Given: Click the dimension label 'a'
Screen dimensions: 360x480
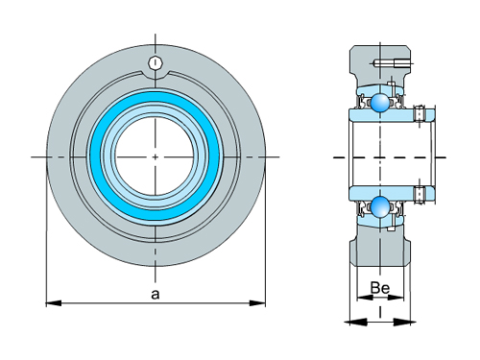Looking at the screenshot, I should pyautogui.click(x=155, y=294).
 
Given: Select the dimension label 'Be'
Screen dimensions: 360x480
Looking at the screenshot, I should pyautogui.click(x=378, y=288).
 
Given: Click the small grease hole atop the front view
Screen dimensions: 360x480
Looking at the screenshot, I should pyautogui.click(x=156, y=63).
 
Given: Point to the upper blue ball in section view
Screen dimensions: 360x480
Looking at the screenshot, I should pyautogui.click(x=381, y=103).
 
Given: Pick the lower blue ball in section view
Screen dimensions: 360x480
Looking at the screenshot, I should pyautogui.click(x=381, y=206).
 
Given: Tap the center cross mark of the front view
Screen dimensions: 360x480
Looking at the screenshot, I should pyautogui.click(x=156, y=156).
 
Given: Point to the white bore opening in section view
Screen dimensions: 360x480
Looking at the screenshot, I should pyautogui.click(x=384, y=156).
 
